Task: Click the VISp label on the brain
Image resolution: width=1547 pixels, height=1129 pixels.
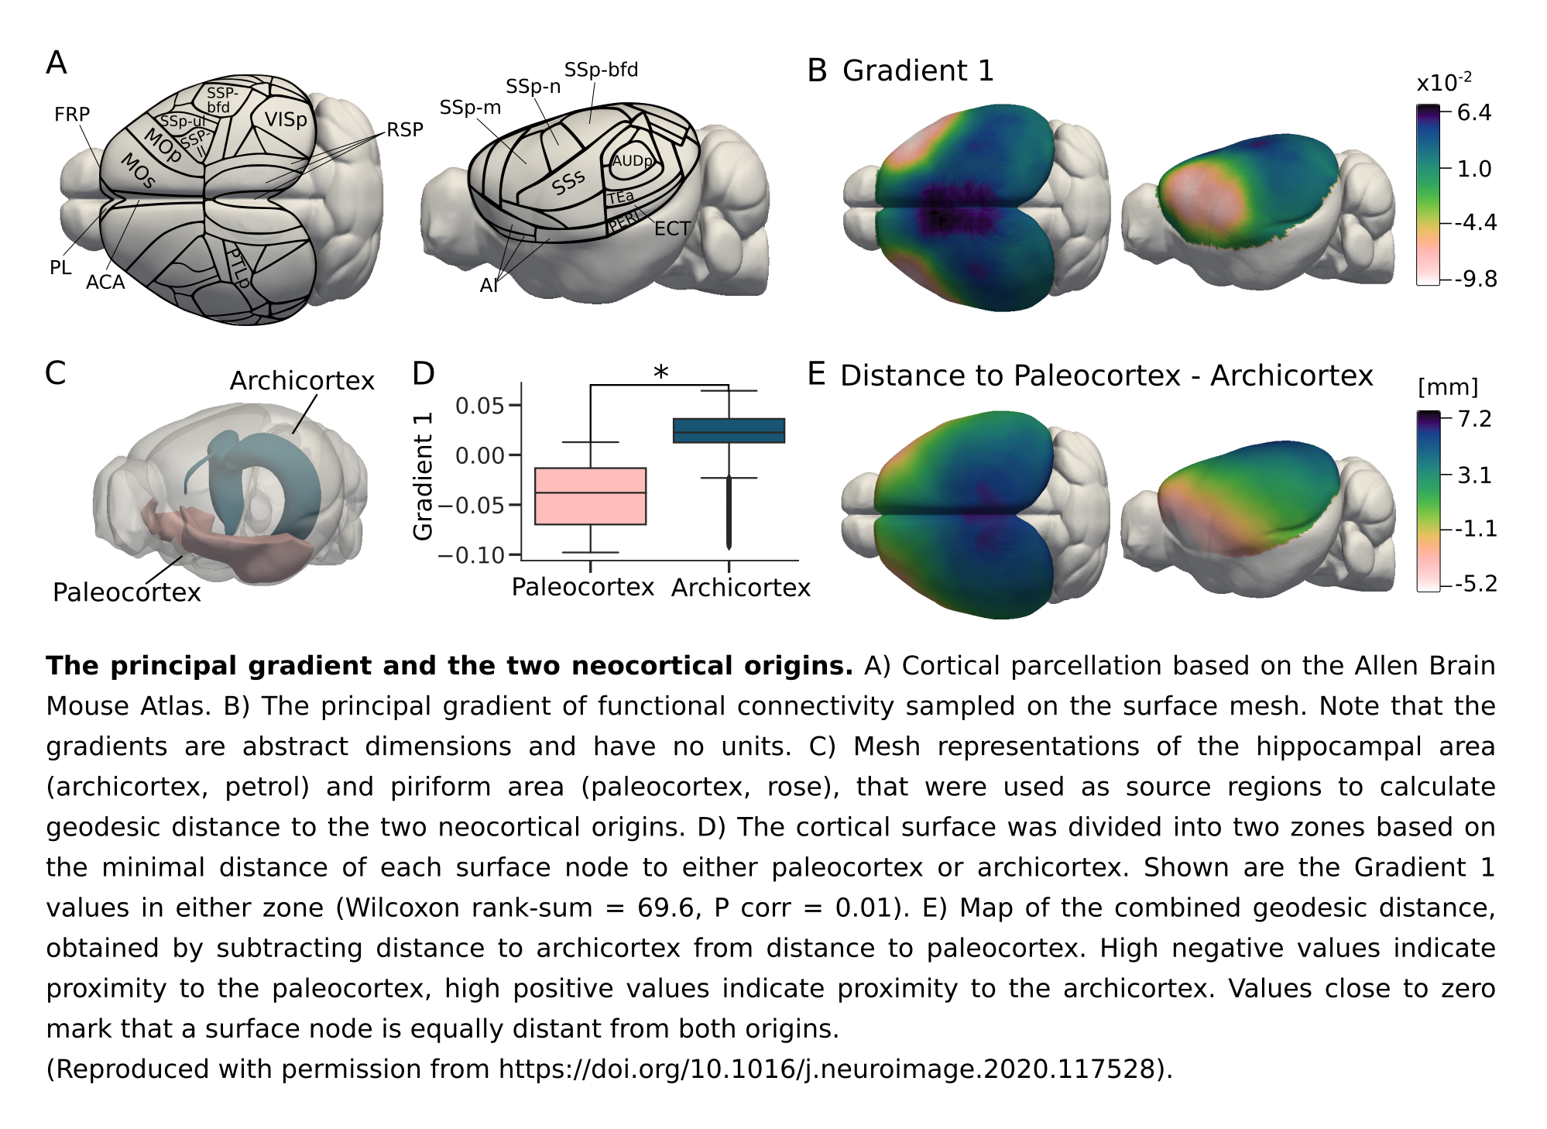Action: point(286,120)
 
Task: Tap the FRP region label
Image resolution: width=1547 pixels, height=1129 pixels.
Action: point(72,115)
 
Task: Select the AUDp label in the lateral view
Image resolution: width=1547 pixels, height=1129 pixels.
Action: point(633,161)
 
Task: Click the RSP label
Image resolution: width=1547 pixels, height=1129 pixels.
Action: point(405,130)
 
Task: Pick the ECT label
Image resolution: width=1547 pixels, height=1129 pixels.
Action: point(672,229)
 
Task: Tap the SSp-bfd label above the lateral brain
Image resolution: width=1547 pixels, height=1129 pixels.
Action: point(601,70)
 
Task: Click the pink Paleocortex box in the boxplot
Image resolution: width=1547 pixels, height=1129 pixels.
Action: point(591,496)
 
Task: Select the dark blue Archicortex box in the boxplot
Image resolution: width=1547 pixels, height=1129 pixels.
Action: point(729,431)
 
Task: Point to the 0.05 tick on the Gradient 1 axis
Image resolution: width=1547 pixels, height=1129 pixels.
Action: point(479,405)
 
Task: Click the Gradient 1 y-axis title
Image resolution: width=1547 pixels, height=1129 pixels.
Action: point(423,476)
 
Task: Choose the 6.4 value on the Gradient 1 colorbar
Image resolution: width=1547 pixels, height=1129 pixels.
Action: point(1474,113)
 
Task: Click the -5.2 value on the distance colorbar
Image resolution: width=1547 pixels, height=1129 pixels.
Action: point(1476,583)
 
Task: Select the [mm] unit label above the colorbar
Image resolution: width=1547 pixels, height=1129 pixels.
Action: point(1448,387)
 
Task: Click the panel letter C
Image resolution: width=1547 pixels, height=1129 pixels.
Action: point(56,373)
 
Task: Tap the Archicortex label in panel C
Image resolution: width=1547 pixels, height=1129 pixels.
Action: point(302,381)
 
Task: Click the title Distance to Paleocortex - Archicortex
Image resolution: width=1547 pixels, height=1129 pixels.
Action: point(1106,376)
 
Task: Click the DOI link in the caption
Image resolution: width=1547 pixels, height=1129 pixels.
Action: point(827,1069)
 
